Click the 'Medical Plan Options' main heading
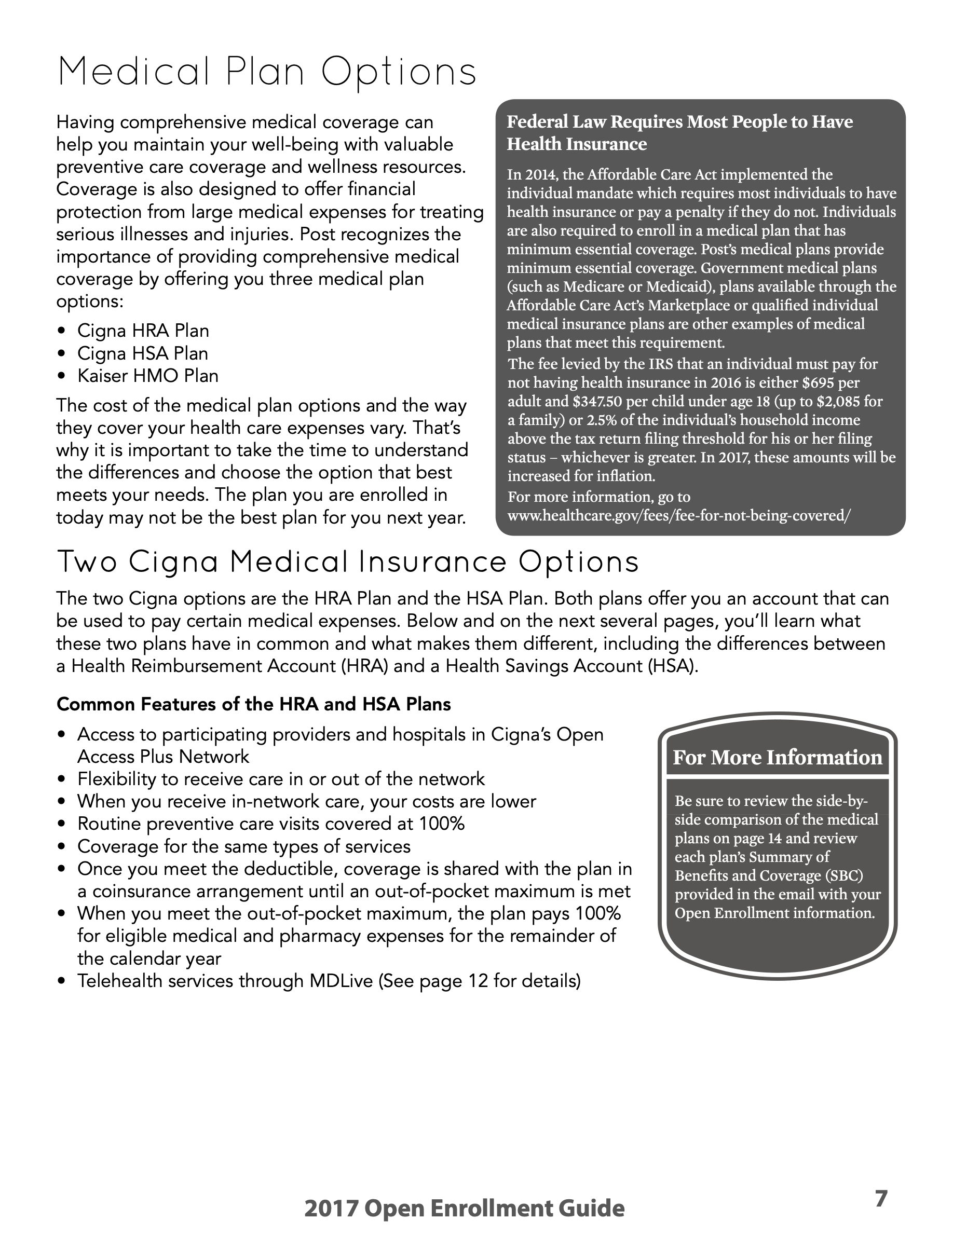coord(266,72)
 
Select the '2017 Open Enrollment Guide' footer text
coord(464,1209)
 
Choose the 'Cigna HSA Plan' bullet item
coord(142,353)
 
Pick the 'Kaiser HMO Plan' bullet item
coord(147,376)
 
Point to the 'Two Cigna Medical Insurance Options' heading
coord(348,563)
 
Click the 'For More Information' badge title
coord(777,758)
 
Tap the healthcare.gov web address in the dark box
coord(678,515)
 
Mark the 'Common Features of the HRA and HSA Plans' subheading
coord(253,705)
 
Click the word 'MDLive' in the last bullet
coord(341,981)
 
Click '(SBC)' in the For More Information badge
coord(843,875)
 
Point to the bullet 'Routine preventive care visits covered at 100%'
coord(270,824)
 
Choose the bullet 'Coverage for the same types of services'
coord(243,847)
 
